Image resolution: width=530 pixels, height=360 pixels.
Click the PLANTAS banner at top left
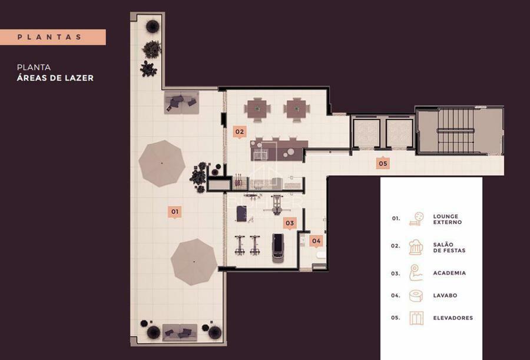pos(53,37)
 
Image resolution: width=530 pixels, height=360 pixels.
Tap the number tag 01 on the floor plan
pos(174,212)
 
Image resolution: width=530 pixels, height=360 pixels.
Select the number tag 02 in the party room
pos(239,132)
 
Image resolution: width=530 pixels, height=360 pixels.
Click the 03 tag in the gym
pos(290,223)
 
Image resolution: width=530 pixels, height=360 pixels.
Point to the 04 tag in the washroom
pos(316,241)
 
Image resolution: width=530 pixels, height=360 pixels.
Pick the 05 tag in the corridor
pos(383,164)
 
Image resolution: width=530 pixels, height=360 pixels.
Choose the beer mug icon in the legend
pos(416,247)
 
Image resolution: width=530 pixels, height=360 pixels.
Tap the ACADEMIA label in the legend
pos(449,273)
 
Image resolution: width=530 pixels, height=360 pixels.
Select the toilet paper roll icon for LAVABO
pos(416,296)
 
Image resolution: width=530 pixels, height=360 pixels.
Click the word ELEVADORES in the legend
pos(453,318)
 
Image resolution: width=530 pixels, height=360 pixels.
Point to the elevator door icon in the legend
pos(416,318)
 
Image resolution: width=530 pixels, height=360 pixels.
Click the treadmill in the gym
pos(278,247)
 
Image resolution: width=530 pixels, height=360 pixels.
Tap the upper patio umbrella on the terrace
pos(162,163)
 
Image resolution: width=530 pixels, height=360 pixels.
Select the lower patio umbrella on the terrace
pos(194,262)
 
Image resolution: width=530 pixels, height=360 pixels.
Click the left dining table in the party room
pos(257,109)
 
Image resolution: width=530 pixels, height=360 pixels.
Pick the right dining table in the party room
pos(296,109)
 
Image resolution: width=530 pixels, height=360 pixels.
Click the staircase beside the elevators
pos(455,131)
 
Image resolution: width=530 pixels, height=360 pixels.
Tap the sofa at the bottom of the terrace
pos(180,332)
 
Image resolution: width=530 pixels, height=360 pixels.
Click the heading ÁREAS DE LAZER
pos(55,78)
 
